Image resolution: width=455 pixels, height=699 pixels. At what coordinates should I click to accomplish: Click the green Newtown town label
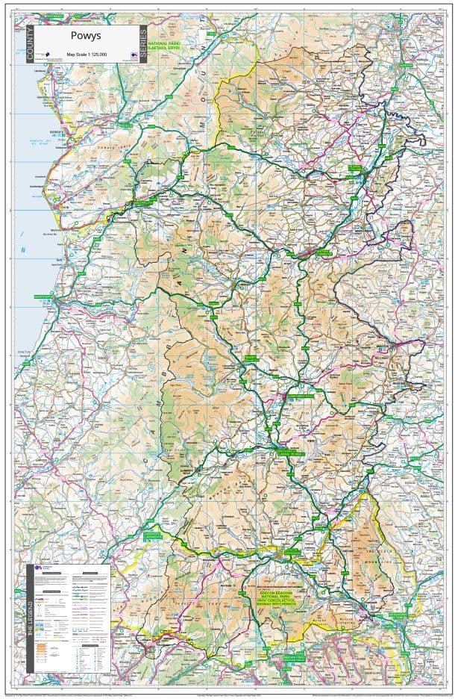pyautogui.click(x=324, y=254)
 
